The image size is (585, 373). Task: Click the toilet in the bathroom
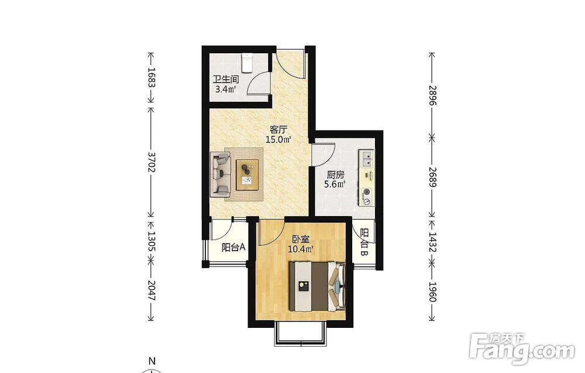pos(247,63)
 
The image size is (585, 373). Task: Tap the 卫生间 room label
pos(226,79)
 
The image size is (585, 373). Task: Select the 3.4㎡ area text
pos(226,89)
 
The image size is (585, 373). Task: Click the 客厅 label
pos(278,130)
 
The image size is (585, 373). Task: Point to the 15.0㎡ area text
pos(278,140)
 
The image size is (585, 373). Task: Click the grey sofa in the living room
pos(221,174)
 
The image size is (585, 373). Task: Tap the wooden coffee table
pos(247,174)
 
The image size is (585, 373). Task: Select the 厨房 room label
pos(335,174)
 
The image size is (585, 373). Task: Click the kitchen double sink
pos(366,158)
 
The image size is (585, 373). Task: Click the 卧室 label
pos(300,239)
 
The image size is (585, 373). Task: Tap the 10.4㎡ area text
pos(300,249)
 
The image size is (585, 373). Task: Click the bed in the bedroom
pos(318,286)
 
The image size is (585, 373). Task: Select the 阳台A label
pos(233,247)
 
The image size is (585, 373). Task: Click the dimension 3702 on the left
pos(151,162)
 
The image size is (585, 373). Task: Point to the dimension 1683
pos(151,77)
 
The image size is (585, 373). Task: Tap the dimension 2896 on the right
pos(432,95)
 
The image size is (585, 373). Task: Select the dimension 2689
pos(432,177)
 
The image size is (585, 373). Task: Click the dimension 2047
pos(151,290)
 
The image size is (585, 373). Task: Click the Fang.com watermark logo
pos(522,349)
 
